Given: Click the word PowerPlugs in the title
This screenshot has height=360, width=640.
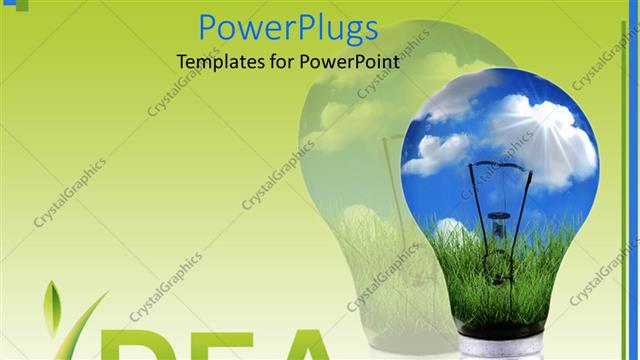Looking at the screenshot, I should coord(288,28).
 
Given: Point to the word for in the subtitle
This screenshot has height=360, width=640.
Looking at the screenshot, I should coord(280,61).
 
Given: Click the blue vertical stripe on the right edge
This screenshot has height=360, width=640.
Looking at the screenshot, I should coord(633,180).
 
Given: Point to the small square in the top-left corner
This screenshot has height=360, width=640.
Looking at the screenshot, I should coord(7,5).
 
